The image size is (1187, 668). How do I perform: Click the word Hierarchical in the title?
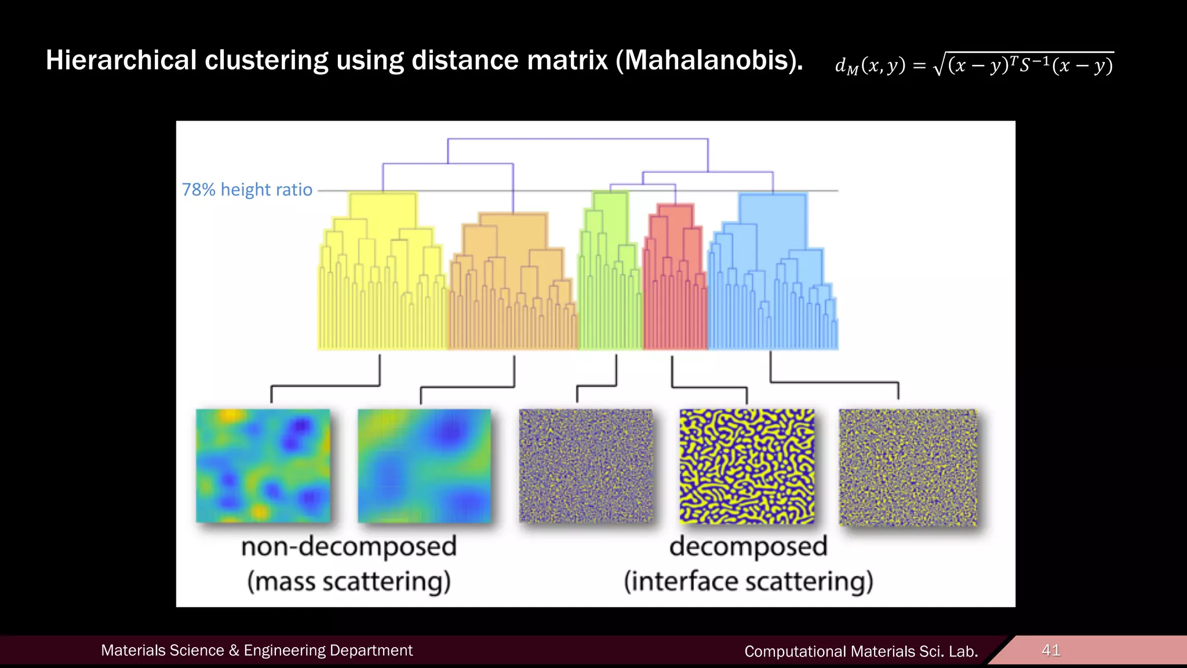(121, 60)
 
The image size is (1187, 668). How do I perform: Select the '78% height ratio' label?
(247, 190)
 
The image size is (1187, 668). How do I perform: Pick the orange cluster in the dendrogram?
(513, 284)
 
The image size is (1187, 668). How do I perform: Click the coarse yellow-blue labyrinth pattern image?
(747, 466)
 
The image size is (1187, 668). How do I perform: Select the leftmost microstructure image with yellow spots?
(263, 466)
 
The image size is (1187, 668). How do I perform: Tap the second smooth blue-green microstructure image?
(424, 466)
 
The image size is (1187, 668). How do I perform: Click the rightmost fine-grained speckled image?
(908, 467)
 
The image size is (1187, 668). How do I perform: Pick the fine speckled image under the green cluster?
(585, 466)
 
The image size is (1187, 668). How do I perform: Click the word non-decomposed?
(349, 547)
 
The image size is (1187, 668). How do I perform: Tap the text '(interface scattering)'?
(748, 581)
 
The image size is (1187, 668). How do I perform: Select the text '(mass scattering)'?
(349, 581)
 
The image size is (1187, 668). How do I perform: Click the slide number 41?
(1051, 650)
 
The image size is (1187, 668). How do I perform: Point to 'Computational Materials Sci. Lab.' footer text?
(861, 651)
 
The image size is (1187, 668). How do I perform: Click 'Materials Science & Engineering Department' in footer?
(257, 651)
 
